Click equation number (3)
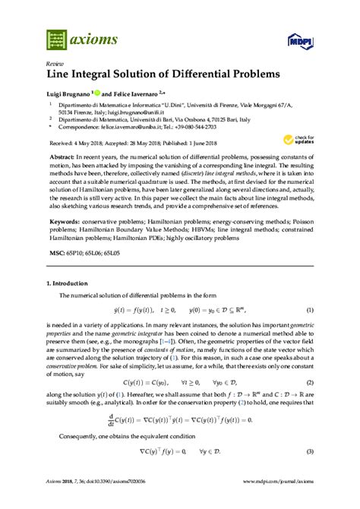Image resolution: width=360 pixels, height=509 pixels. coord(310,451)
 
